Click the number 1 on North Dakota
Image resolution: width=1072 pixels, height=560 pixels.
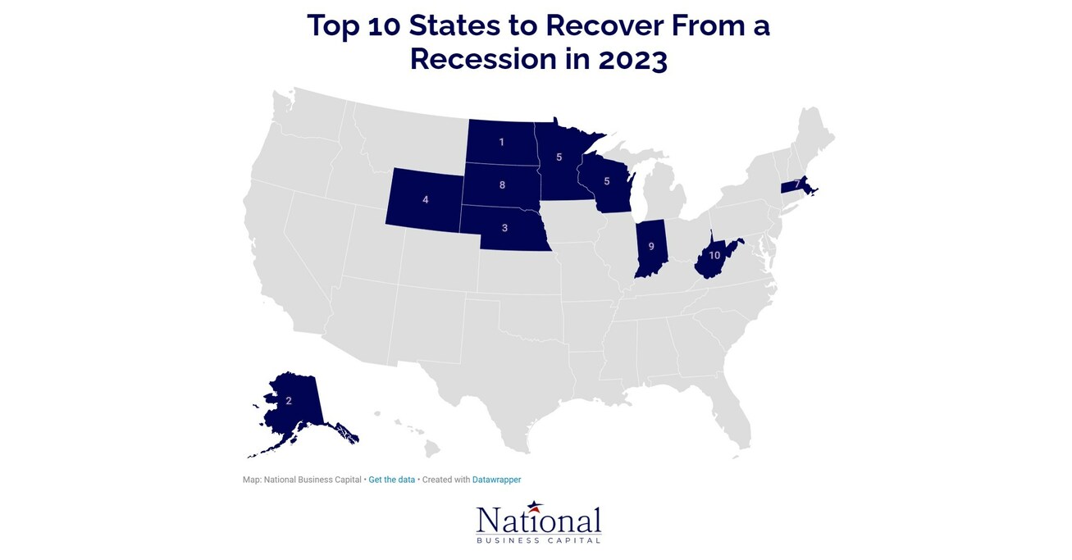(x=501, y=143)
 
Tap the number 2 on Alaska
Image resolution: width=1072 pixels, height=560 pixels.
(x=289, y=401)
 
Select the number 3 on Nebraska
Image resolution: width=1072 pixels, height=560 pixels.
(x=504, y=228)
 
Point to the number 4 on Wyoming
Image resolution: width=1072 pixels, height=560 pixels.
(x=425, y=199)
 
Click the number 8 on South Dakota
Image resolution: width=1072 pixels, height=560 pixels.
(x=502, y=185)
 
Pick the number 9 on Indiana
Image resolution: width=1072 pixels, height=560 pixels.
(x=651, y=246)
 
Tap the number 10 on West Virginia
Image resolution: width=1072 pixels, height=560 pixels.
(x=714, y=255)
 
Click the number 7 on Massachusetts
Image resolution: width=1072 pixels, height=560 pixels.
(x=796, y=184)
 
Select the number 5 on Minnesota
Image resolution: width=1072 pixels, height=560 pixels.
(x=559, y=157)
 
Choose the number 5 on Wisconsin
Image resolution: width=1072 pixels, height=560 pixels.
(x=606, y=181)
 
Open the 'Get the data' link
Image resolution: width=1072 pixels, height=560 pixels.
(x=392, y=480)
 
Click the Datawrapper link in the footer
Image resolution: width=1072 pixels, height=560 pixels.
(x=496, y=480)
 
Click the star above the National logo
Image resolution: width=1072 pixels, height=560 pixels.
(x=535, y=506)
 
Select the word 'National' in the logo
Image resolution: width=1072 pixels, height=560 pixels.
(x=538, y=522)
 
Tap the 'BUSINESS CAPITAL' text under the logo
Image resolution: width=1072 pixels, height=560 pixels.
(x=538, y=540)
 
